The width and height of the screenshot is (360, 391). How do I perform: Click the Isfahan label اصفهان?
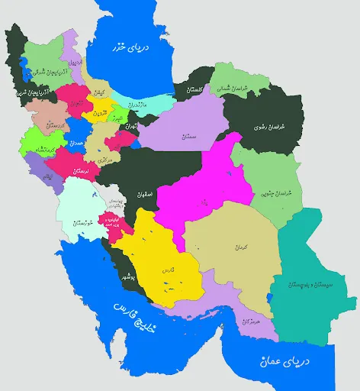146,194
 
